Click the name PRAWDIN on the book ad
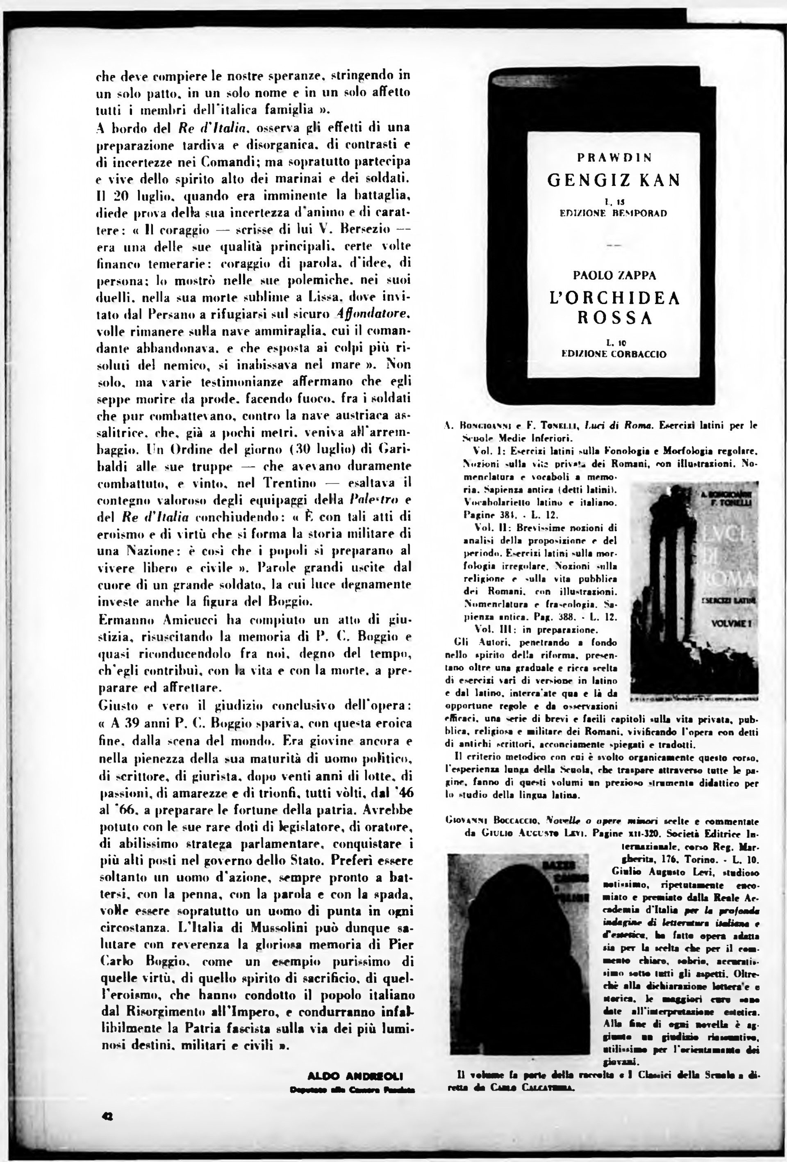click(x=614, y=158)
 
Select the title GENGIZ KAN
click(x=614, y=180)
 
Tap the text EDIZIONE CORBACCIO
click(x=614, y=354)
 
